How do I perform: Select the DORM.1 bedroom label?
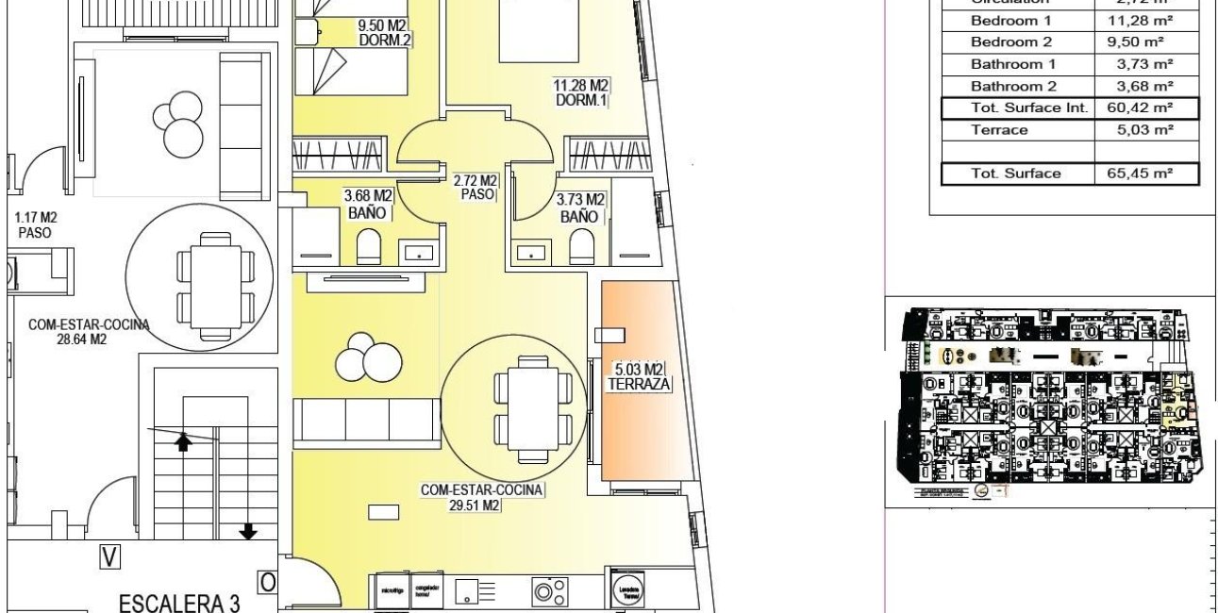[x=580, y=101]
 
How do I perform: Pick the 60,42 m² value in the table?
[x=1146, y=108]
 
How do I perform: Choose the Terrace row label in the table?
[x=999, y=130]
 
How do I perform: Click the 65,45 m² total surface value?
[x=1146, y=174]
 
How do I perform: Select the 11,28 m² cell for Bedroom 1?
[x=1146, y=20]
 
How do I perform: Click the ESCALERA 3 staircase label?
[x=179, y=603]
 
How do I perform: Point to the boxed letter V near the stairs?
[x=110, y=557]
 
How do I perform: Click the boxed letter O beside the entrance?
[x=267, y=583]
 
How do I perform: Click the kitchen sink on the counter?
[x=476, y=591]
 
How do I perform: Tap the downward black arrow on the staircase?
[x=248, y=532]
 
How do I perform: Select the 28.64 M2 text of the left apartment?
[x=80, y=340]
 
